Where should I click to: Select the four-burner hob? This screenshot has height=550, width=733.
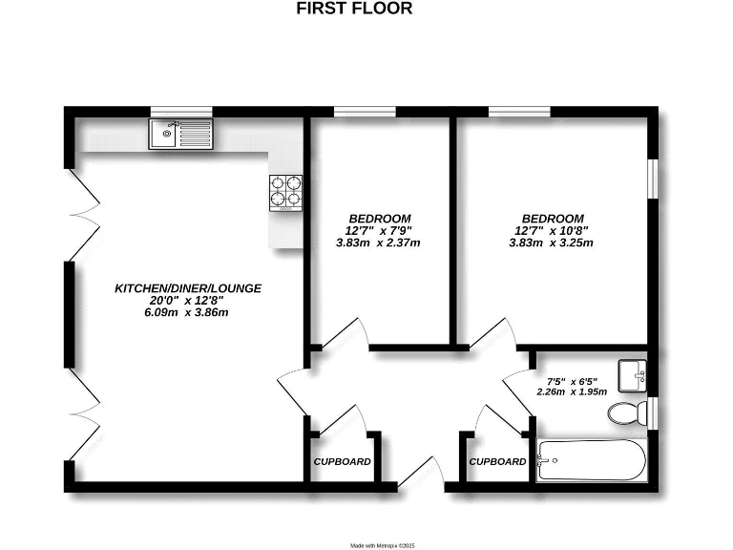click(284, 191)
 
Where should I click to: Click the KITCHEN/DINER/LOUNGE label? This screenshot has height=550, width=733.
click(188, 287)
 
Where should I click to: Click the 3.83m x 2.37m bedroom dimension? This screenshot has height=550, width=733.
click(379, 243)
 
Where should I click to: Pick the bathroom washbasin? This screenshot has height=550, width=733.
click(631, 376)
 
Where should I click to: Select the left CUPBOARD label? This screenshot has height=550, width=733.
click(343, 462)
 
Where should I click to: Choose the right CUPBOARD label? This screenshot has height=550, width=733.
click(497, 462)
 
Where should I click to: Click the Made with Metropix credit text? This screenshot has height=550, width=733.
click(382, 545)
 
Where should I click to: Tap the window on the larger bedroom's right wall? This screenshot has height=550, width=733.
click(652, 178)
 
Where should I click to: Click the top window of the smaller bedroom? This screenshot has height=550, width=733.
click(365, 112)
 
